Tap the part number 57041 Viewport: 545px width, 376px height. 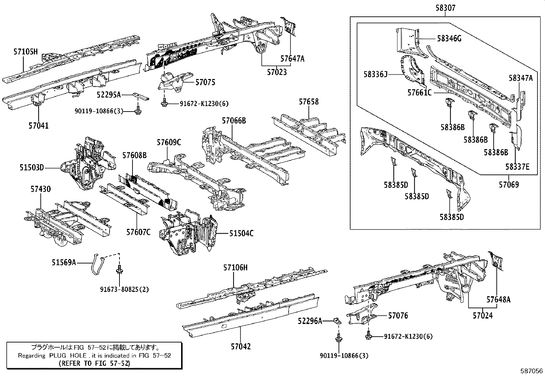coord(38,126)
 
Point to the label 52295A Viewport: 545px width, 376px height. coord(109,95)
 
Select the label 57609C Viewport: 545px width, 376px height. coord(169,142)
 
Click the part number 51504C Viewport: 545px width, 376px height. coord(241,233)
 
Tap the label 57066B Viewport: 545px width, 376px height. coord(234,120)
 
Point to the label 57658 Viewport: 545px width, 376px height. coord(308,102)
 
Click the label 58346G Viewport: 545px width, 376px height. coord(449,39)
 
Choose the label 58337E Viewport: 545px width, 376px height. coord(517,167)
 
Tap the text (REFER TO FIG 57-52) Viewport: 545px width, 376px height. coord(94,363)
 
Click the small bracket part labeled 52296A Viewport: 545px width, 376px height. coord(337,321)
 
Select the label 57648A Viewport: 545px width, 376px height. coord(498,300)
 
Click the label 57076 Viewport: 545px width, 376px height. coord(398,315)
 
